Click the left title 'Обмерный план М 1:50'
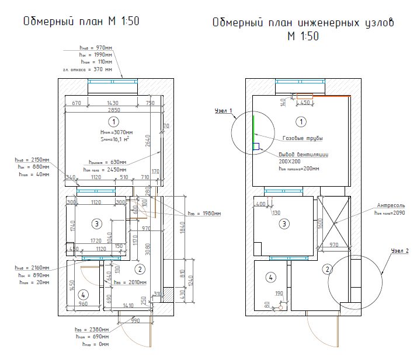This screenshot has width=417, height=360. [81, 22]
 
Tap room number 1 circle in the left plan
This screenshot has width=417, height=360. [114, 121]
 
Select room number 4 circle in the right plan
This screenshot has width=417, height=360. [270, 277]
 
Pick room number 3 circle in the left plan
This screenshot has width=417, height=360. [98, 223]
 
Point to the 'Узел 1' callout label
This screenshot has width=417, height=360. [223, 110]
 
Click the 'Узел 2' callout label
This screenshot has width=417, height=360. [399, 250]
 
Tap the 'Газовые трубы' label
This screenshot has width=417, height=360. [303, 138]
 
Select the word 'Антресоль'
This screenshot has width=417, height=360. [391, 205]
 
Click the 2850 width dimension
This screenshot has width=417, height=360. [114, 110]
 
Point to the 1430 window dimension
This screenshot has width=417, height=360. [112, 103]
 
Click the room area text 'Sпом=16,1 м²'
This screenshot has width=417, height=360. [115, 139]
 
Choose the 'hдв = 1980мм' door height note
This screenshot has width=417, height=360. [204, 214]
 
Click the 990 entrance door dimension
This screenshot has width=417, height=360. [135, 321]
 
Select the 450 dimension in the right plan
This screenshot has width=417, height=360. [304, 103]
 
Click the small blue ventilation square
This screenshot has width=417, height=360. [255, 146]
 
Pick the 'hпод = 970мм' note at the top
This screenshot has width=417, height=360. [96, 47]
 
